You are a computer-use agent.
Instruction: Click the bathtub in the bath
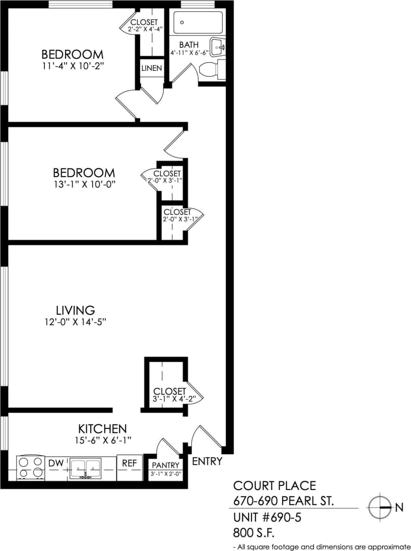[x=198, y=22]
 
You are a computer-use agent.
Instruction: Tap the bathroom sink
[x=218, y=47]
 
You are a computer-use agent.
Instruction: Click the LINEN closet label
[x=151, y=68]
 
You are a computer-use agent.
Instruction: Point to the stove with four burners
[x=30, y=468]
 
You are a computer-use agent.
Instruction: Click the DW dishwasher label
[x=56, y=464]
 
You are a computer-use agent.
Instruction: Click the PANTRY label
[x=165, y=466]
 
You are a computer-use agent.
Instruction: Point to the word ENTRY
[x=207, y=461]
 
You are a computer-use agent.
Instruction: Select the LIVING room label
[x=75, y=310]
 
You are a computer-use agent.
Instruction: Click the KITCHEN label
[x=102, y=429]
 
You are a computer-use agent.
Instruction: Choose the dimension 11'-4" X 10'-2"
[x=72, y=66]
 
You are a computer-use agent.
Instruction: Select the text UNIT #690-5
[x=267, y=517]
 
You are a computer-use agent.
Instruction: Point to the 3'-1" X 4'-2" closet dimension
[x=170, y=399]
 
